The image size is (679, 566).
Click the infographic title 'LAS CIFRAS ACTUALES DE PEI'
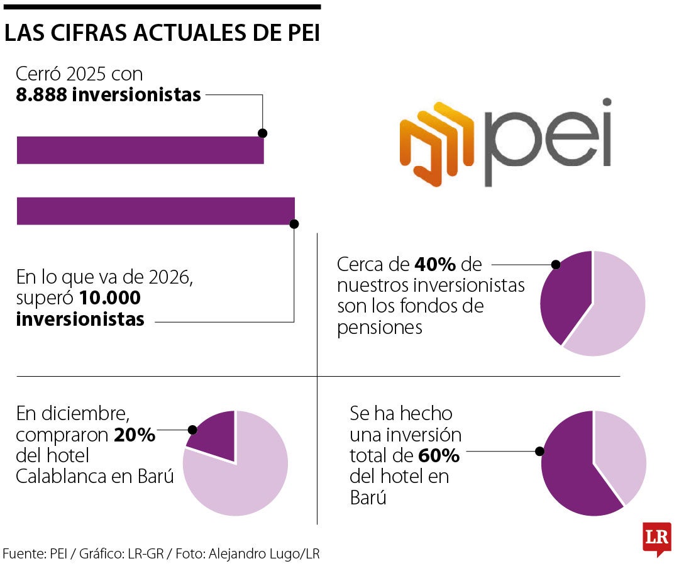(x=162, y=34)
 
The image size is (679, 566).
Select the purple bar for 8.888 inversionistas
(x=140, y=150)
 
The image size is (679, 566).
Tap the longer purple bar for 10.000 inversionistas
(x=155, y=211)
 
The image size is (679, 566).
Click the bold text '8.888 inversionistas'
(x=108, y=95)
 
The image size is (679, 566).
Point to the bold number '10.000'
(x=110, y=297)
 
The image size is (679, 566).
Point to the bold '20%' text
(x=135, y=435)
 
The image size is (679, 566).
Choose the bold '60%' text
(x=439, y=455)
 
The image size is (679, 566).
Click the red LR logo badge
(x=656, y=538)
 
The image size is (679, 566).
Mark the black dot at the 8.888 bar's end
(x=263, y=133)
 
